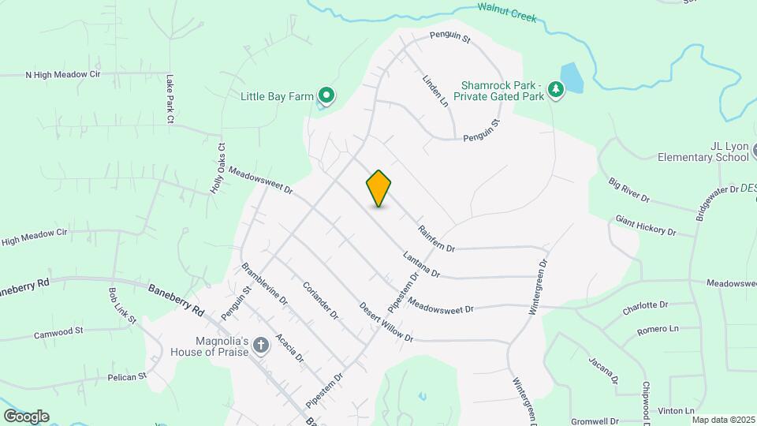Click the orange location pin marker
(x=379, y=188)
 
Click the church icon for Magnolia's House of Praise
(x=262, y=344)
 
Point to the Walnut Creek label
(x=507, y=12)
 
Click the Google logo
(x=26, y=417)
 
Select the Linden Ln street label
(x=434, y=91)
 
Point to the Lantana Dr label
(x=420, y=264)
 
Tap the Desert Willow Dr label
(x=386, y=322)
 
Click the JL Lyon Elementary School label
(x=703, y=151)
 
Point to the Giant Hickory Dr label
(x=646, y=226)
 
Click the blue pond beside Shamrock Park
(x=572, y=78)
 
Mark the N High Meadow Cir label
(x=63, y=75)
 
